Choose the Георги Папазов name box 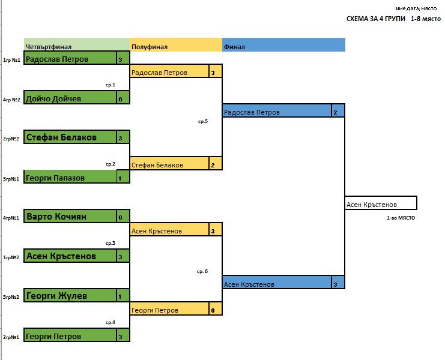click(70, 176)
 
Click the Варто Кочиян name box click(70, 216)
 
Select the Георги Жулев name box click(70, 295)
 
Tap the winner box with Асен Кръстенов click(381, 203)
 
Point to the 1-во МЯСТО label click(401, 218)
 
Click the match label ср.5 click(203, 121)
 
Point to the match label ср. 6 click(202, 271)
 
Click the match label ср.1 click(110, 85)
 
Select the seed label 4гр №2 click(11, 100)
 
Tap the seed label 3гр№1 click(11, 179)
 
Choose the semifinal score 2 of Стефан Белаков click(213, 165)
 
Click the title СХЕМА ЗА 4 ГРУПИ click(376, 19)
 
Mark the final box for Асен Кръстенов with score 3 click(283, 282)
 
